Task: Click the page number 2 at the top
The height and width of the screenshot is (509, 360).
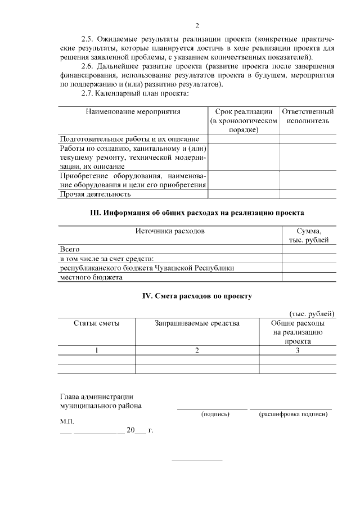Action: (x=197, y=26)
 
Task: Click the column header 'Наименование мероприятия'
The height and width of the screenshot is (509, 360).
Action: (x=133, y=112)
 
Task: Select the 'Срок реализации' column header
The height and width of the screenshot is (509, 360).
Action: (x=244, y=120)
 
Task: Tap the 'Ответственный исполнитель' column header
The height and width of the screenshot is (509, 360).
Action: (x=308, y=116)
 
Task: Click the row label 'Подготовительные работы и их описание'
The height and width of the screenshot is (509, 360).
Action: (x=129, y=139)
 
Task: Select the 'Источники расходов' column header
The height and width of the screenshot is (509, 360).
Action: (x=169, y=231)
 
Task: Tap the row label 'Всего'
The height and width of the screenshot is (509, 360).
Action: (x=70, y=249)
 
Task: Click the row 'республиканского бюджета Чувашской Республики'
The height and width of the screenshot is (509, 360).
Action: (x=147, y=268)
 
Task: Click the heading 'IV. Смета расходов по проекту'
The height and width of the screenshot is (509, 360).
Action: (x=197, y=295)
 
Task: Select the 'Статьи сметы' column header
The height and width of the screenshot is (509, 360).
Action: (x=96, y=323)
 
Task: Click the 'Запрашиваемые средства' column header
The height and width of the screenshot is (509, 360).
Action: (x=197, y=323)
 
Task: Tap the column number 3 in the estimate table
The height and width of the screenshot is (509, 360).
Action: (x=298, y=350)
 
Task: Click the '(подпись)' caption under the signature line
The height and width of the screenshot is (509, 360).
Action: (x=215, y=414)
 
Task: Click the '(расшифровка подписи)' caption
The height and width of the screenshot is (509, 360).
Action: (x=293, y=414)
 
